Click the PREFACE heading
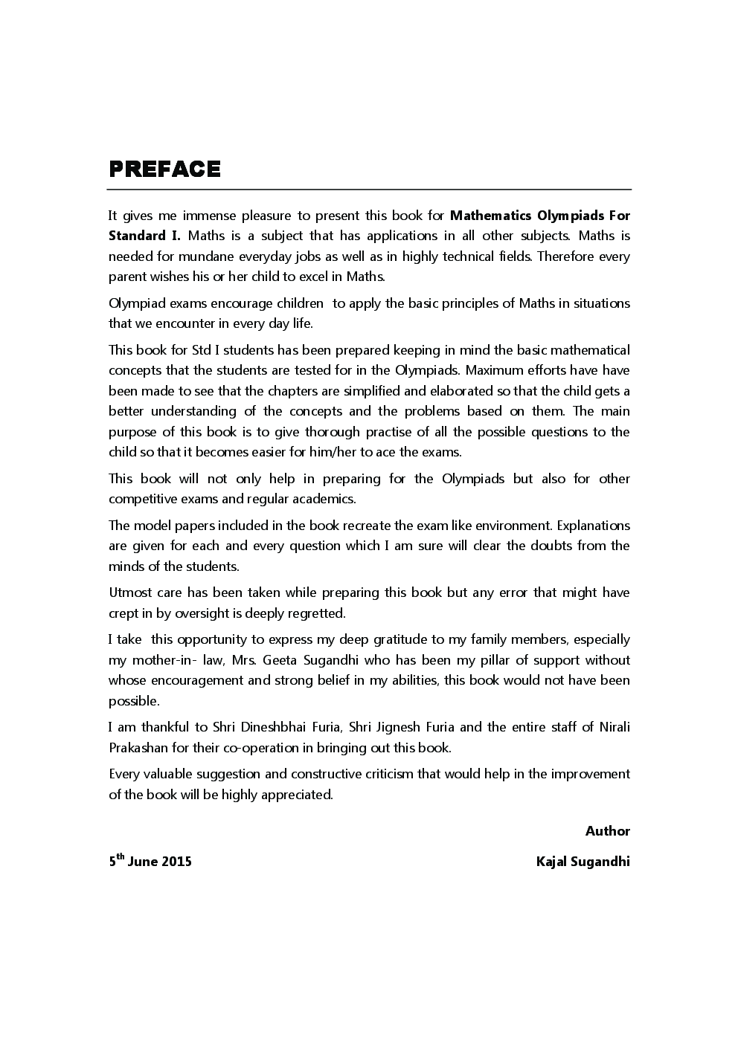coord(164,169)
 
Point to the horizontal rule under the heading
coord(369,190)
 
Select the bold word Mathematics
coord(491,216)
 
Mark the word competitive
coord(141,499)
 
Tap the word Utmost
coord(129,592)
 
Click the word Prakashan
coord(138,748)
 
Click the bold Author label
coord(607,831)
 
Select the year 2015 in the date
coord(176,862)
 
